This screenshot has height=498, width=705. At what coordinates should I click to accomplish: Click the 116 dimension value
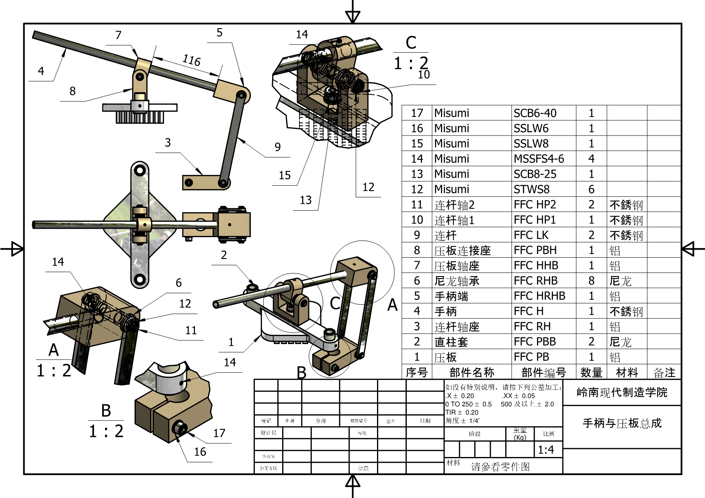(x=191, y=60)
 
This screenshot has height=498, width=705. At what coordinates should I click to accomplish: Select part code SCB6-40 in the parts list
(x=535, y=113)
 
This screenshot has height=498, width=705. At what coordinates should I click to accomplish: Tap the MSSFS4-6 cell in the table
(x=539, y=159)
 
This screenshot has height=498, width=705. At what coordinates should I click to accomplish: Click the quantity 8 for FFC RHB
(x=591, y=281)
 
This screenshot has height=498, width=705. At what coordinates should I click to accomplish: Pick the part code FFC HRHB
(x=539, y=296)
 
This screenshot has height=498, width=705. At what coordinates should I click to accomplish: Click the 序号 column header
(x=417, y=373)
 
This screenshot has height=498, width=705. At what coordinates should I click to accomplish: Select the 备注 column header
(x=664, y=373)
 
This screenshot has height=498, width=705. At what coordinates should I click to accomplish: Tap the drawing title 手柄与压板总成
(x=622, y=423)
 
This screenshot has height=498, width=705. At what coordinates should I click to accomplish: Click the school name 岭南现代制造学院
(x=622, y=392)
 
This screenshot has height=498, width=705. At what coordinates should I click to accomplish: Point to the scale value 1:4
(x=546, y=450)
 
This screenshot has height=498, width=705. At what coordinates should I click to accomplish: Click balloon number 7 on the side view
(x=118, y=35)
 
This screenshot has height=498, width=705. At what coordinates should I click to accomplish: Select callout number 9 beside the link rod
(x=278, y=147)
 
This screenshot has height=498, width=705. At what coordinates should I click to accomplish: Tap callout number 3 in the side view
(x=168, y=143)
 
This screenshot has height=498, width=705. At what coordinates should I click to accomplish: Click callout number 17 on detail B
(x=219, y=433)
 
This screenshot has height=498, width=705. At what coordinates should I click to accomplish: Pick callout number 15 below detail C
(x=285, y=176)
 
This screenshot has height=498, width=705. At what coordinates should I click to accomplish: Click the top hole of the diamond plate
(x=140, y=170)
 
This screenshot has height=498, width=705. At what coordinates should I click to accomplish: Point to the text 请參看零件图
(x=500, y=467)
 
